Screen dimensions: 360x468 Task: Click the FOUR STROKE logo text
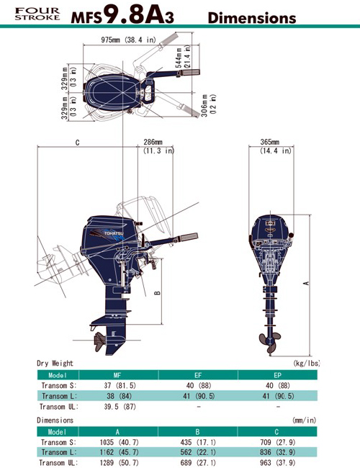click(37, 14)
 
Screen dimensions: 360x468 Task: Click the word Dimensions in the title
click(252, 18)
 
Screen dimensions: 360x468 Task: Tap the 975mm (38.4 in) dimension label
click(128, 40)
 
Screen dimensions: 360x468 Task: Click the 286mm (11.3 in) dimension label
click(158, 146)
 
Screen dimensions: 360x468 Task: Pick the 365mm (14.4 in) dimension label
click(275, 146)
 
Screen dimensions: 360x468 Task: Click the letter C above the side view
click(77, 143)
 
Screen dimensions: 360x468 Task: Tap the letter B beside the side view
click(158, 293)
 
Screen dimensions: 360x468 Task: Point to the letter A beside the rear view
click(306, 283)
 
